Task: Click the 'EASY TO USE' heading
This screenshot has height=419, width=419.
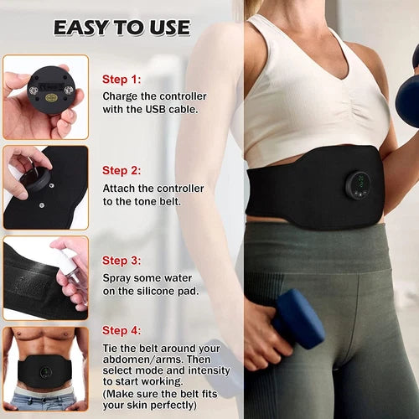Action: pyautogui.click(x=122, y=28)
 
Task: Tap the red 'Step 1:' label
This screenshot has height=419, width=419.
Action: pyautogui.click(x=122, y=80)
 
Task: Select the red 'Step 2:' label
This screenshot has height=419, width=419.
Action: pyautogui.click(x=122, y=170)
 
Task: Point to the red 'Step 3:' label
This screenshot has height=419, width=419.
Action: pyautogui.click(x=122, y=261)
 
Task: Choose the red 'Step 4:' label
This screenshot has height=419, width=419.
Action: pyautogui.click(x=122, y=330)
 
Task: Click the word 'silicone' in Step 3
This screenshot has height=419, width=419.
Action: pyautogui.click(x=156, y=291)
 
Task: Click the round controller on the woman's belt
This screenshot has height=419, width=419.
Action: pyautogui.click(x=360, y=185)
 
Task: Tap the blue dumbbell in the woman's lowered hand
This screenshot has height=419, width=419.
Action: pyautogui.click(x=298, y=318)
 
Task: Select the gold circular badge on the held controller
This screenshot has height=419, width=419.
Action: pyautogui.click(x=50, y=98)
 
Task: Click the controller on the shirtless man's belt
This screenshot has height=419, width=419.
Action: pyautogui.click(x=45, y=372)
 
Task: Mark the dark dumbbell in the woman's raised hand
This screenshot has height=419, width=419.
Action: pyautogui.click(x=408, y=92)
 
